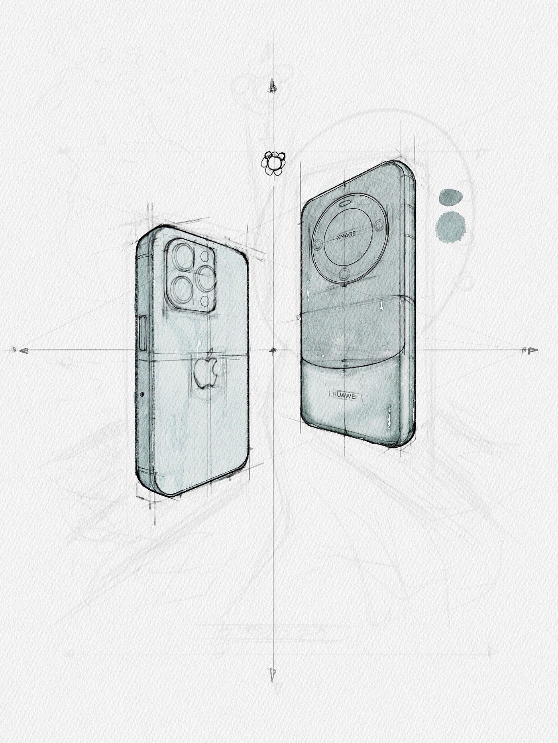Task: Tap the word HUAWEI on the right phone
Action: click(344, 395)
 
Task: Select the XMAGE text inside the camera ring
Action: click(346, 235)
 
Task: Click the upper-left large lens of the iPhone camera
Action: click(183, 257)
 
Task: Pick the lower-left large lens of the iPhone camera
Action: click(183, 289)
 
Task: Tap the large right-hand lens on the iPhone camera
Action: click(206, 277)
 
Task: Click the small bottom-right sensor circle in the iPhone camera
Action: click(206, 300)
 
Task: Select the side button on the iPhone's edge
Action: click(142, 333)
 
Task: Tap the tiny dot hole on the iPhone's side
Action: click(142, 394)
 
